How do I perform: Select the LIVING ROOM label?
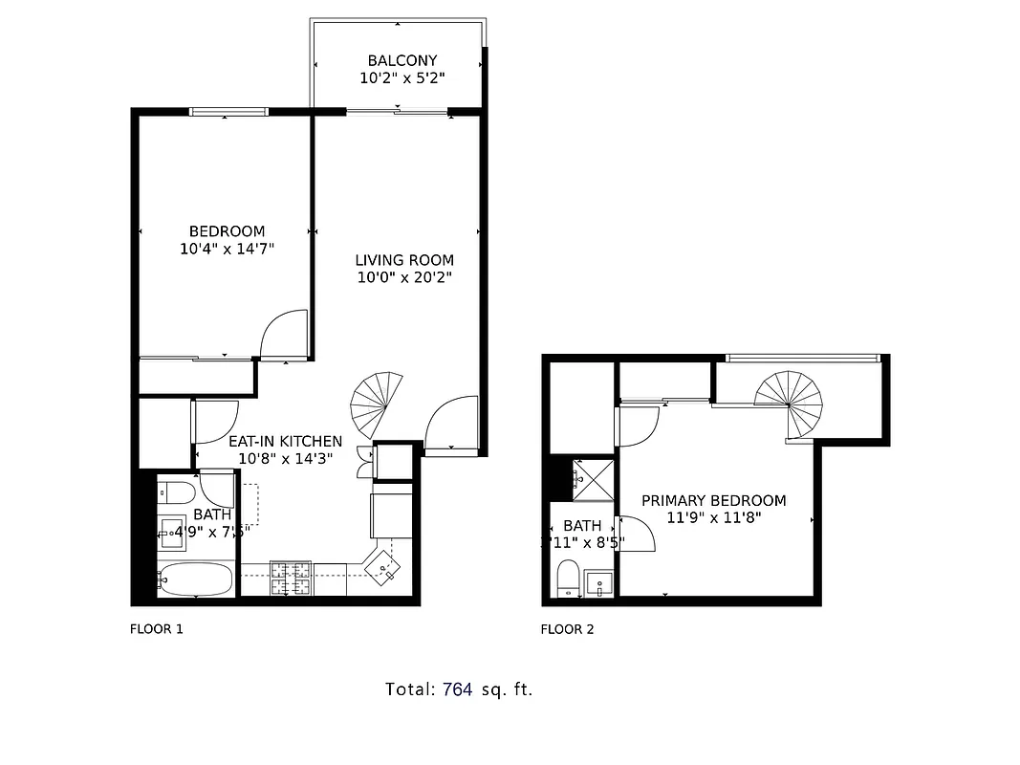[404, 260]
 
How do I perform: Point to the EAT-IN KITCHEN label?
[285, 441]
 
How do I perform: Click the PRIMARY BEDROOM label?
[713, 500]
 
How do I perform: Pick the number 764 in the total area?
[457, 688]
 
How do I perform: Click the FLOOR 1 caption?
[156, 629]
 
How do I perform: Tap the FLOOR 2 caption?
[567, 629]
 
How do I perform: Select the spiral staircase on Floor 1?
[376, 402]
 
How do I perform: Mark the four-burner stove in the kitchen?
[292, 577]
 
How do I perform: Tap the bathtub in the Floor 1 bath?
[195, 579]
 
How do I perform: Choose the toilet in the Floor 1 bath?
[177, 493]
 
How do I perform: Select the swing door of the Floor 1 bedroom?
[286, 335]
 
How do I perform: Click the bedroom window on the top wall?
[228, 112]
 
